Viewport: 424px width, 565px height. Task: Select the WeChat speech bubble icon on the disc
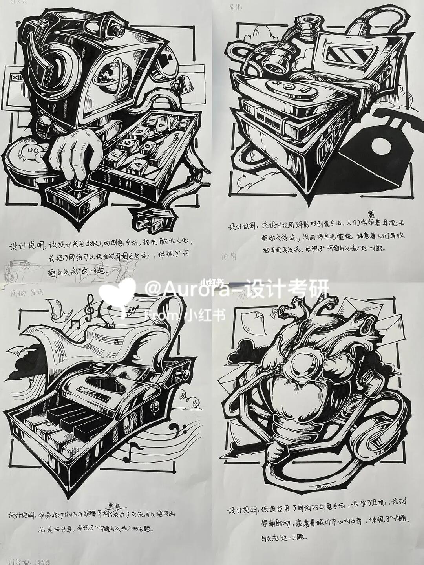(x=31, y=151)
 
